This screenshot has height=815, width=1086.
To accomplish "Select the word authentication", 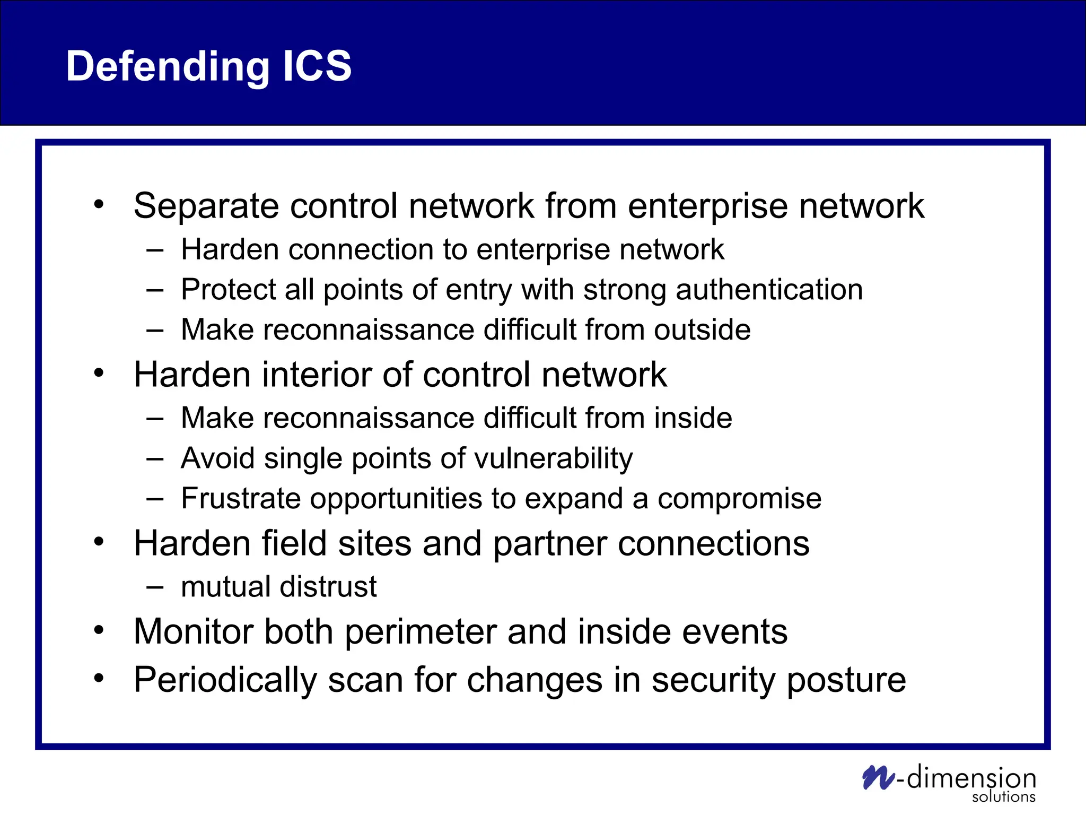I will coord(769,290).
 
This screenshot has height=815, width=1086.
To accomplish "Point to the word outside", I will coord(702,330).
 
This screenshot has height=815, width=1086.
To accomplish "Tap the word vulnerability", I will coord(554,458).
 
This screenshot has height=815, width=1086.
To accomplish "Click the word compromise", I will coord(739,499).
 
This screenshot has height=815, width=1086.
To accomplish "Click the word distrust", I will coord(328,587).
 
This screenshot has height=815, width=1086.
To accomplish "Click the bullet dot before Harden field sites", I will coord(99,542).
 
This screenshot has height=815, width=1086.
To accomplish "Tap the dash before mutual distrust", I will coord(155,587).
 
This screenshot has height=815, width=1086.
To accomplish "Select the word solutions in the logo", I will coord(1003,797).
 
